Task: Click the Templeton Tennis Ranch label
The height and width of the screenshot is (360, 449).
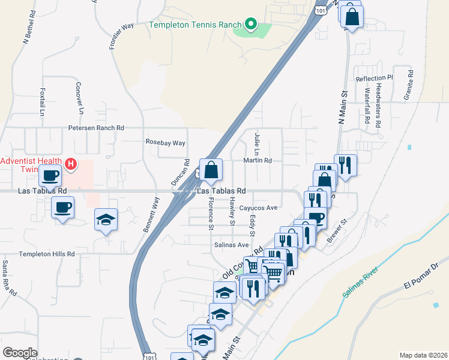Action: point(195,25)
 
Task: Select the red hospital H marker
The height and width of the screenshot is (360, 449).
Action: point(71,163)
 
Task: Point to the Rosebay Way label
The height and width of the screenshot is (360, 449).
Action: point(166,143)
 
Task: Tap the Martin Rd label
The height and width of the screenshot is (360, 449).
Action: point(258,161)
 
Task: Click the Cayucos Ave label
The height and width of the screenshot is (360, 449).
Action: point(258,208)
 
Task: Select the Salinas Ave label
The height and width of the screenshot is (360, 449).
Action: point(231,245)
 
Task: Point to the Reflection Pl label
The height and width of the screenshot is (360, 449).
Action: point(373,78)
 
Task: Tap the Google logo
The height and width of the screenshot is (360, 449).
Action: point(20,353)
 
